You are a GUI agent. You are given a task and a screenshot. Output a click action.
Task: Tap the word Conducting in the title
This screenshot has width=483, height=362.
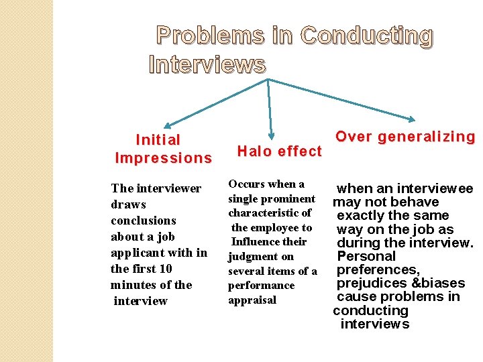click(367, 36)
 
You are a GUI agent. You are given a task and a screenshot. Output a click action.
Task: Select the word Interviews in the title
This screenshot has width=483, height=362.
click(207, 65)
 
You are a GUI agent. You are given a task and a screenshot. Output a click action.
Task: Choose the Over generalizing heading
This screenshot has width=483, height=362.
click(405, 137)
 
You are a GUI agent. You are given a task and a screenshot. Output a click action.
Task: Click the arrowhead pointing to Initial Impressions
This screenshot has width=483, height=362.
click(168, 124)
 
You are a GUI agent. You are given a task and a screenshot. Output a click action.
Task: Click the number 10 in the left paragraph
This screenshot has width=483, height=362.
click(165, 269)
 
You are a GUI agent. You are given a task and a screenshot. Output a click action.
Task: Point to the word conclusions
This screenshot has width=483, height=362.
click(143, 221)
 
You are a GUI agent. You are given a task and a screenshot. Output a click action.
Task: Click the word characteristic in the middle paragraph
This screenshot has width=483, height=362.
click(270, 213)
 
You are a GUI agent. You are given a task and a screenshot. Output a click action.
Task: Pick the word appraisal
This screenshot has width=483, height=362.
click(252, 300)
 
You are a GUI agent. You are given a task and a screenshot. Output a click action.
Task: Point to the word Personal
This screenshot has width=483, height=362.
click(366, 256)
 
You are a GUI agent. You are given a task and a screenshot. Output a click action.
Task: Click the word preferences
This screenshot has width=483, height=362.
click(378, 269)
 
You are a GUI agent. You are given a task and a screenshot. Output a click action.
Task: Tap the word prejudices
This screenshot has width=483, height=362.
click(370, 284)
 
